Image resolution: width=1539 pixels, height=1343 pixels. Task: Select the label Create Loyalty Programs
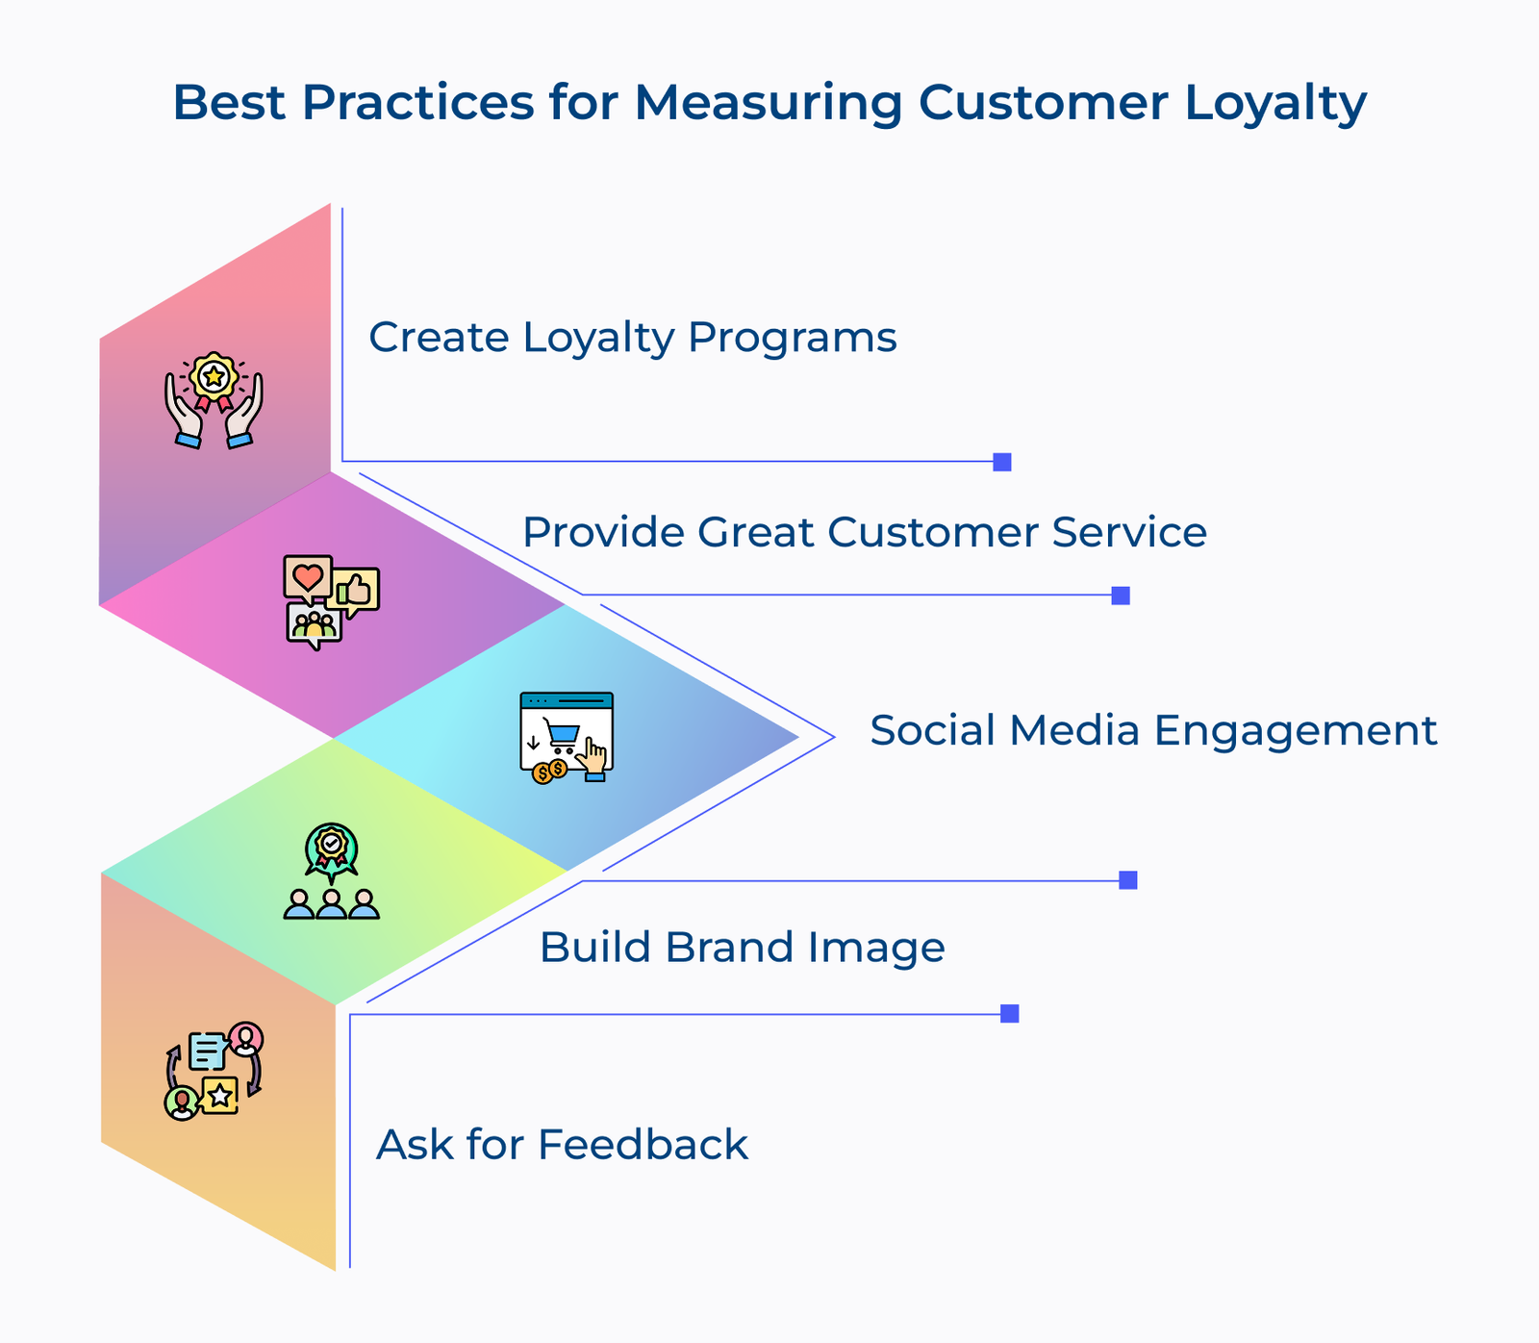(x=632, y=338)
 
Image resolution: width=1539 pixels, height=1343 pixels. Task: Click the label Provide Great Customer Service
(x=864, y=532)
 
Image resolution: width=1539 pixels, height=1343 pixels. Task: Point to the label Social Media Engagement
(x=1152, y=730)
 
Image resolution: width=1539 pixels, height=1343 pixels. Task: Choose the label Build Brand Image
(x=742, y=948)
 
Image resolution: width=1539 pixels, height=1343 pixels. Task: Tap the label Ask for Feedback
(x=562, y=1145)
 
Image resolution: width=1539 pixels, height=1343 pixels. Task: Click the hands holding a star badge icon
(x=214, y=400)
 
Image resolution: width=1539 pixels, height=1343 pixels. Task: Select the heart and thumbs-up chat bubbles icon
(x=331, y=601)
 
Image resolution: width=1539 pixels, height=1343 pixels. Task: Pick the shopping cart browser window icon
(x=567, y=737)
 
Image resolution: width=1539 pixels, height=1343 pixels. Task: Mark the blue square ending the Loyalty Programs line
(x=1002, y=462)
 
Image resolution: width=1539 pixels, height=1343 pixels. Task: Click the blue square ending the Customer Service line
(x=1121, y=595)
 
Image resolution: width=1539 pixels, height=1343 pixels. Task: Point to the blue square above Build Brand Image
(x=1128, y=880)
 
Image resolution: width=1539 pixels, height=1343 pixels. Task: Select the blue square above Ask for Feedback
(x=1009, y=1014)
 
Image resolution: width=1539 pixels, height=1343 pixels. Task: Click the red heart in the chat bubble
(x=307, y=577)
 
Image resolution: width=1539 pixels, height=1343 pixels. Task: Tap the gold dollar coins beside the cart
(x=549, y=771)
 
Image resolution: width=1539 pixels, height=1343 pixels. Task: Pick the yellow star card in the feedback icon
(x=220, y=1095)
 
